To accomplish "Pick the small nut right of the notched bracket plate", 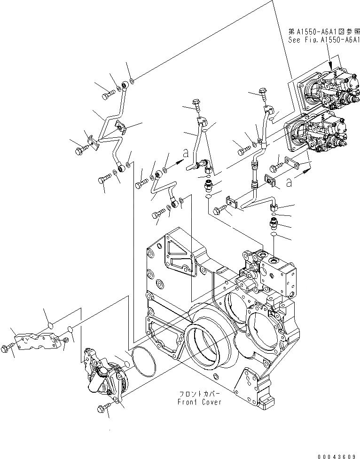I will pyautogui.click(x=66, y=339).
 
